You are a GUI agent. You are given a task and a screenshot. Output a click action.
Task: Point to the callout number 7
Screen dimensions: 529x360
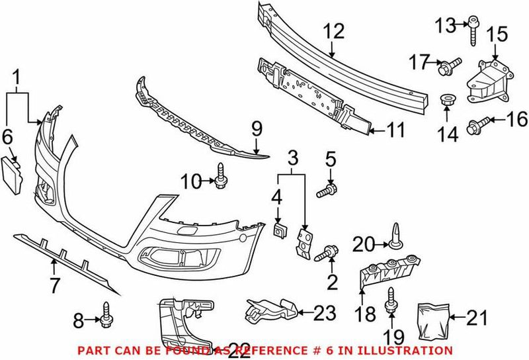pos(54,286)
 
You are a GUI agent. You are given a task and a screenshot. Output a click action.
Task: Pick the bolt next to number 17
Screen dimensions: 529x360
pos(449,66)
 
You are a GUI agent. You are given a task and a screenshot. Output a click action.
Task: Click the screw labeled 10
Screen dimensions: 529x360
pos(221,175)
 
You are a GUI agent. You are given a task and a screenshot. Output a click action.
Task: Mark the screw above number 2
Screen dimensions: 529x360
pos(329,253)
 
